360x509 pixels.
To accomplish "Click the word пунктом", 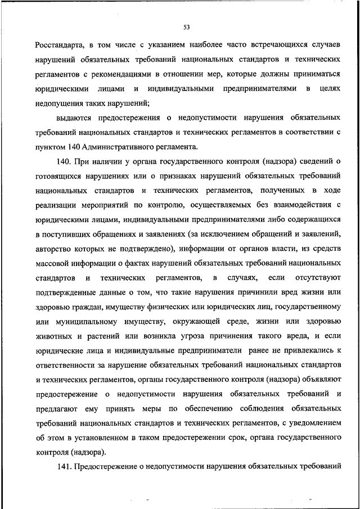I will (x=48, y=147).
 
